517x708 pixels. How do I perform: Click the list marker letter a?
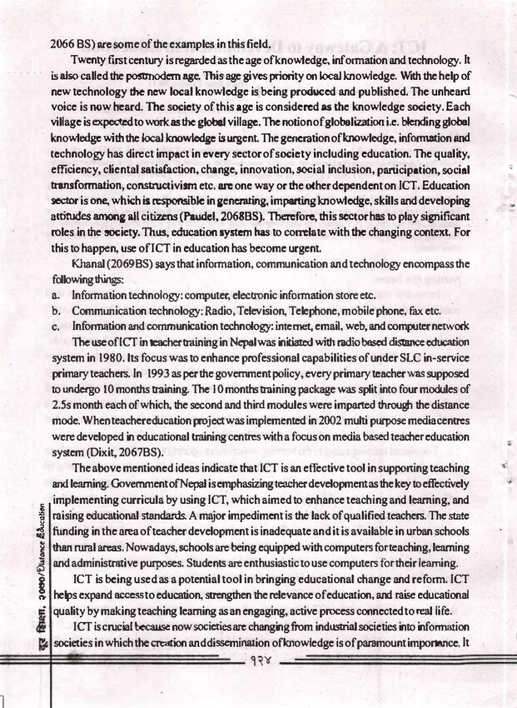[x=55, y=296]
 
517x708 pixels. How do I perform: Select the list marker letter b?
[x=55, y=311]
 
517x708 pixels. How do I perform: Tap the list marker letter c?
[x=55, y=326]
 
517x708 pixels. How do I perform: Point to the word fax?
[x=410, y=311]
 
